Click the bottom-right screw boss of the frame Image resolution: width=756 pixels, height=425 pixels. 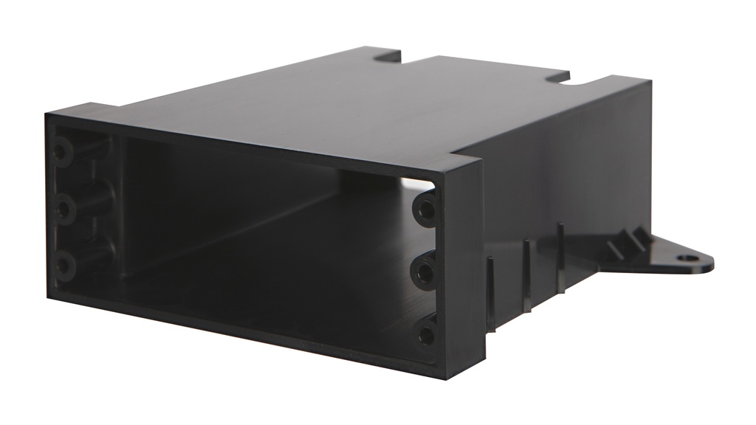coord(426,336)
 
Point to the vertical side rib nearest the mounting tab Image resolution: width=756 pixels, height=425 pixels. coord(560,255)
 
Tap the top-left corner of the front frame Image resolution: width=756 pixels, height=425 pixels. coord(48,116)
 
